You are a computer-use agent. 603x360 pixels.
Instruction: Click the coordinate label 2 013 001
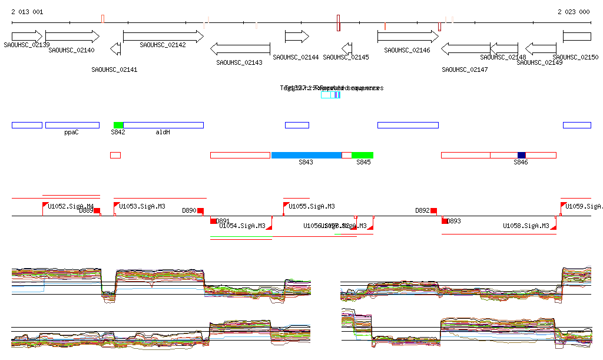(27, 12)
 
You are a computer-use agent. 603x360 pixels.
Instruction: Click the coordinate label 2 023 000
(573, 12)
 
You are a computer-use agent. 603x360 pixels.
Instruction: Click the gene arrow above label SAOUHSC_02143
(240, 48)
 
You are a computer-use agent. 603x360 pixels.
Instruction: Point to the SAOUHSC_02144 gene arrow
(297, 37)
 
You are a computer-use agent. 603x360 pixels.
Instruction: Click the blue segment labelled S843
(306, 155)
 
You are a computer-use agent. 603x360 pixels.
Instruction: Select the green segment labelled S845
(362, 155)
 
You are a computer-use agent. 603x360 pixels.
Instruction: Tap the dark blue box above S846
(521, 155)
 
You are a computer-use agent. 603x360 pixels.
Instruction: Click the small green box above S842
(118, 125)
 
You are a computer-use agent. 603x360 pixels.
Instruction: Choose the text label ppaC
(71, 133)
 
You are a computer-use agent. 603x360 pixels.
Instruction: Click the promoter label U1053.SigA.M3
(142, 206)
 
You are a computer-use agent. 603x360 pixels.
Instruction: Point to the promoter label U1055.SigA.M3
(312, 206)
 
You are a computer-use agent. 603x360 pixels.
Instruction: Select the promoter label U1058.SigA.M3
(526, 226)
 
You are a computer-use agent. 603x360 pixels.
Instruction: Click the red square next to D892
(433, 210)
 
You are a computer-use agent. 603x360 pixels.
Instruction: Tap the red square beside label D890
(200, 210)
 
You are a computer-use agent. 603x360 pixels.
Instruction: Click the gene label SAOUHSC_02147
(465, 70)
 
